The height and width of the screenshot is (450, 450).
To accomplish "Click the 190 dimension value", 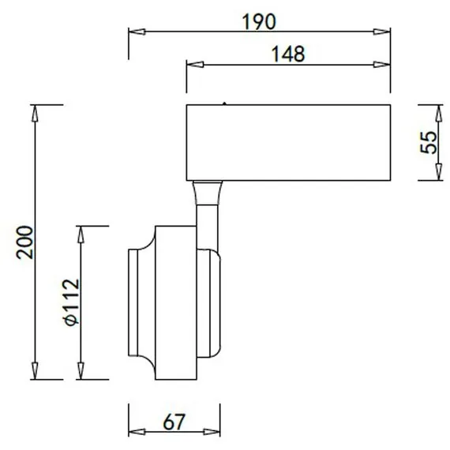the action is [x=259, y=22].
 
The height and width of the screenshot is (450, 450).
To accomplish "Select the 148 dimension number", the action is [x=288, y=54].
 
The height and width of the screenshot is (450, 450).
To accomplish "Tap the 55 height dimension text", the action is [x=428, y=142].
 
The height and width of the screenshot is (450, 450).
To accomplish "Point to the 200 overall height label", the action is [x=24, y=242].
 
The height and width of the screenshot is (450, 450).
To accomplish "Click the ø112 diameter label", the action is [x=70, y=302].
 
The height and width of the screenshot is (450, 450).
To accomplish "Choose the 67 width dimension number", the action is [x=174, y=422].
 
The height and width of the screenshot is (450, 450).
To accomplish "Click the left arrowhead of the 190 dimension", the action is [x=137, y=32].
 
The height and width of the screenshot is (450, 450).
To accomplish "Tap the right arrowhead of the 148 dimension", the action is [x=381, y=65].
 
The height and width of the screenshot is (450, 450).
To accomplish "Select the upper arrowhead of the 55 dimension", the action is [x=438, y=113].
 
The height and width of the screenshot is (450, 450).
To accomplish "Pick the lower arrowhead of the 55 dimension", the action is [x=438, y=172].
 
